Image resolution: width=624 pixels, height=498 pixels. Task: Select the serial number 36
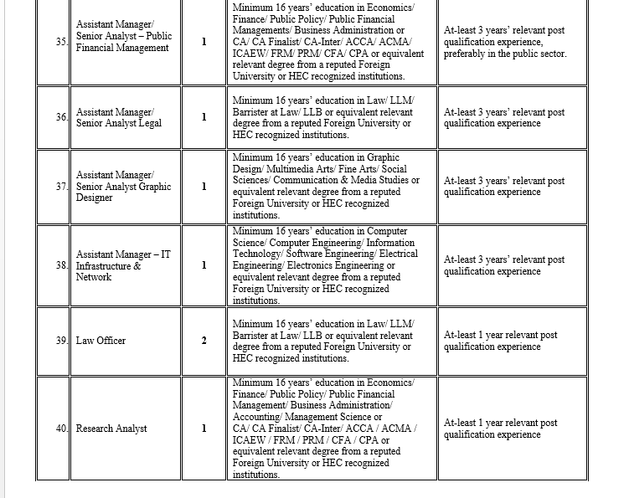pyautogui.click(x=62, y=117)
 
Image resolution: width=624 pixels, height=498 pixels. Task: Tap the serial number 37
pyautogui.click(x=62, y=187)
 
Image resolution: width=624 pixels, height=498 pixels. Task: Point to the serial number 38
pyautogui.click(x=62, y=265)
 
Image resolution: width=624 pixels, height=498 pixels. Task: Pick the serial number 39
pyautogui.click(x=62, y=341)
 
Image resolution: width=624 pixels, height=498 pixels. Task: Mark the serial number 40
pyautogui.click(x=62, y=429)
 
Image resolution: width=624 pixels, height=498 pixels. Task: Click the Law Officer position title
pyautogui.click(x=101, y=341)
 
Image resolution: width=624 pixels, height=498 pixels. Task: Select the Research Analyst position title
pyautogui.click(x=111, y=429)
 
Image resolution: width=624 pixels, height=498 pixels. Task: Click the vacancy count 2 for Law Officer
pyautogui.click(x=204, y=341)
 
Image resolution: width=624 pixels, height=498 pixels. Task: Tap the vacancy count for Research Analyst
pyautogui.click(x=204, y=429)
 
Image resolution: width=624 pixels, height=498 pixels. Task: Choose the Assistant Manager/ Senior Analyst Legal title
pyautogui.click(x=118, y=117)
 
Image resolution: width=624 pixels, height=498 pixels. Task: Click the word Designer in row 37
pyautogui.click(x=94, y=198)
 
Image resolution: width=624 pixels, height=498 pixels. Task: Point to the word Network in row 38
pyautogui.click(x=93, y=277)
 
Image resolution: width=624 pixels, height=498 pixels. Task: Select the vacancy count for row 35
pyautogui.click(x=204, y=42)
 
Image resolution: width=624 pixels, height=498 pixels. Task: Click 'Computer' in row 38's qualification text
pyautogui.click(x=387, y=231)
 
